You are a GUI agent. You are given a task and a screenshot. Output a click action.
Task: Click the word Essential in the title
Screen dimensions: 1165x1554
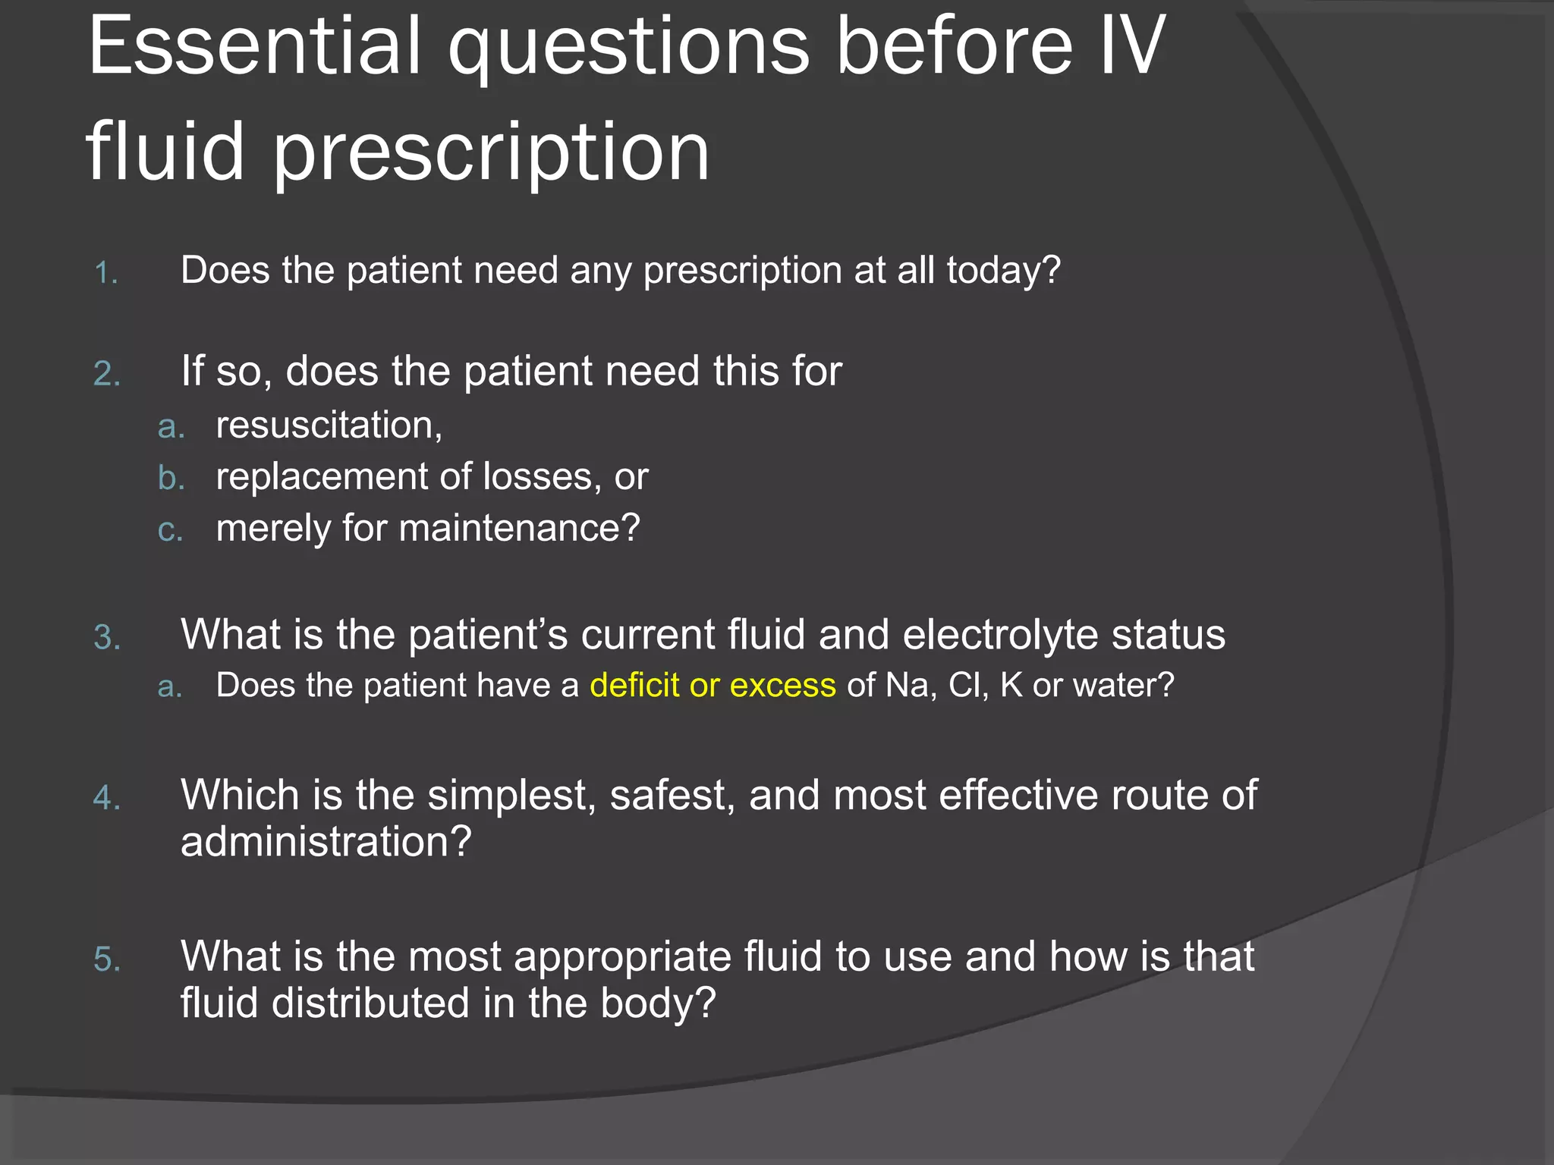[x=254, y=47]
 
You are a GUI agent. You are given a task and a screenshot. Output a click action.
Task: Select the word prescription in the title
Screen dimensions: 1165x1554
[x=491, y=154]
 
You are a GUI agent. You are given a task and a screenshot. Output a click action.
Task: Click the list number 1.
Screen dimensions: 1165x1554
[x=105, y=274]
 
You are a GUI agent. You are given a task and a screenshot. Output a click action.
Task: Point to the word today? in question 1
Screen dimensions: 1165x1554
[x=1003, y=271]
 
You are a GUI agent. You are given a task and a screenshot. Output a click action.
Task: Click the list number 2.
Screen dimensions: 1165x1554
[x=107, y=375]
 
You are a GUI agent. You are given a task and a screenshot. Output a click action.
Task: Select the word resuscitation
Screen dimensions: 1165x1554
[x=329, y=425]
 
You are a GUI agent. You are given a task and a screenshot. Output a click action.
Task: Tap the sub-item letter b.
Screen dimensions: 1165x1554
[x=171, y=479]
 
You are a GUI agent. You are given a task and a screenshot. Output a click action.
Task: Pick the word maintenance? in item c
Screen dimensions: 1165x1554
[x=519, y=529]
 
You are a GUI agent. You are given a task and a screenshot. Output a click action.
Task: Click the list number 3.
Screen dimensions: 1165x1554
[x=107, y=638]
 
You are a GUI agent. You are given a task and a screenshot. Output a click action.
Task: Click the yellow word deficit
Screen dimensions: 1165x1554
[x=634, y=686]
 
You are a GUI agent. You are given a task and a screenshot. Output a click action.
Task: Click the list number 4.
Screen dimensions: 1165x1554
[x=107, y=799]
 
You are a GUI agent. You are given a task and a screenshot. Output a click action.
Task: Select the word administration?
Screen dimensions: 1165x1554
[x=326, y=842]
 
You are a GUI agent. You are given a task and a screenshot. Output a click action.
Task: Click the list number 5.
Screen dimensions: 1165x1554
[x=107, y=960]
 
